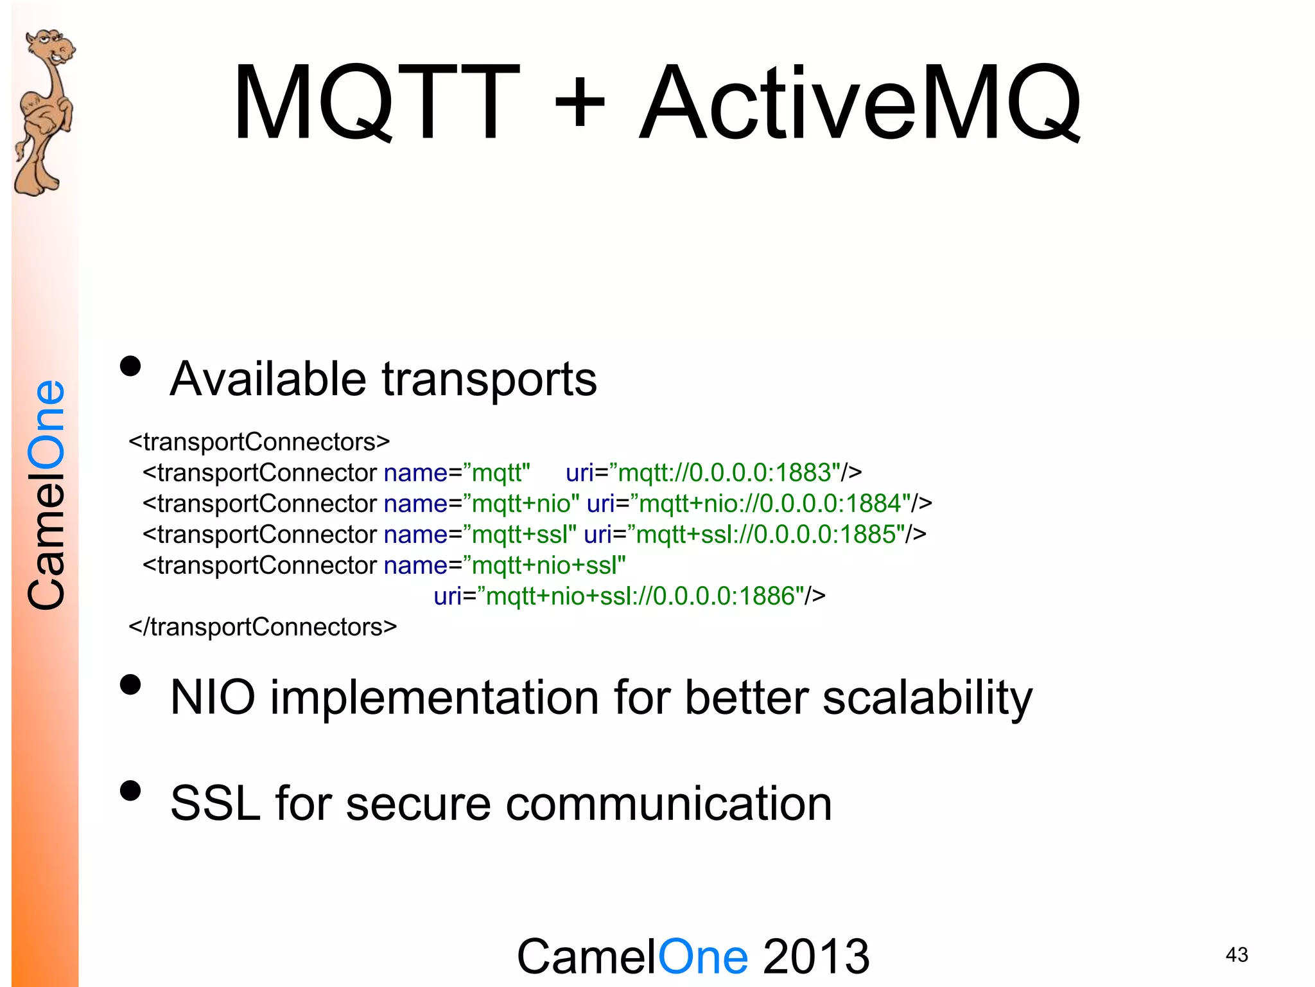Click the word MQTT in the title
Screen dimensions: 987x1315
(376, 103)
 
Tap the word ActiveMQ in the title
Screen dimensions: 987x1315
(860, 103)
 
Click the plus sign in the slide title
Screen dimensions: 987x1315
(580, 103)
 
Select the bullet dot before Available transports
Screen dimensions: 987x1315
(130, 366)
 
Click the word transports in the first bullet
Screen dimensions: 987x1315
(489, 379)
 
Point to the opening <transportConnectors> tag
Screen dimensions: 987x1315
(259, 442)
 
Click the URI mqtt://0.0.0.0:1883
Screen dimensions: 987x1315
(729, 473)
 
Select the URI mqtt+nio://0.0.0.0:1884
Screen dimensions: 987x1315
(774, 504)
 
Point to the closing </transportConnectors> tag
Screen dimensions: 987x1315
(263, 627)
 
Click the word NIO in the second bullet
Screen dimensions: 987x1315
(213, 698)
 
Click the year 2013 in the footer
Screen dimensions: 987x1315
(816, 956)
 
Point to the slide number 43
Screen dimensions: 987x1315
(1237, 955)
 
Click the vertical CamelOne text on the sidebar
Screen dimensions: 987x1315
(46, 495)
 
